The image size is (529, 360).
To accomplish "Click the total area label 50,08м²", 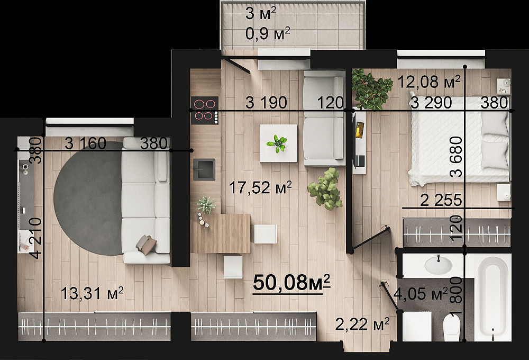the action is (x=291, y=283).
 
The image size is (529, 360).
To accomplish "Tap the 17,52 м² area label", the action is (x=260, y=187).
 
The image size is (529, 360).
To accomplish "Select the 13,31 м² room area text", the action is (x=92, y=293).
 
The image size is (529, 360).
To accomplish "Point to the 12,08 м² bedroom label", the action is (x=429, y=82).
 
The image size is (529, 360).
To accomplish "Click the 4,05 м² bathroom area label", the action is (x=421, y=294).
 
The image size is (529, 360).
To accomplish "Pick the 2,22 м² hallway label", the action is (x=362, y=324).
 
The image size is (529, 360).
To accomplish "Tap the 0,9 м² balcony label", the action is (x=268, y=34).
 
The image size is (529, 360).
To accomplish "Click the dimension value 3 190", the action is (x=266, y=102).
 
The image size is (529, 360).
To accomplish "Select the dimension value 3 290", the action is (x=431, y=102).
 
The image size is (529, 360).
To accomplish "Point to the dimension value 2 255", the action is (x=441, y=201).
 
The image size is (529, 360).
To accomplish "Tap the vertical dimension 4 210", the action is (x=35, y=238).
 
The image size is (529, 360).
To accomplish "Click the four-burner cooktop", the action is (x=204, y=110).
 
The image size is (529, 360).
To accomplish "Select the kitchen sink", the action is (x=204, y=169).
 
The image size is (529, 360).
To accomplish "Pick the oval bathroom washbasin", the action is (x=438, y=265).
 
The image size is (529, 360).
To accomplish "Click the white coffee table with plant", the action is (x=278, y=143).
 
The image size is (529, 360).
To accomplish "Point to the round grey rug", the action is (x=88, y=198).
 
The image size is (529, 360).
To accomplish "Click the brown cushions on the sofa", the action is (x=147, y=245).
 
